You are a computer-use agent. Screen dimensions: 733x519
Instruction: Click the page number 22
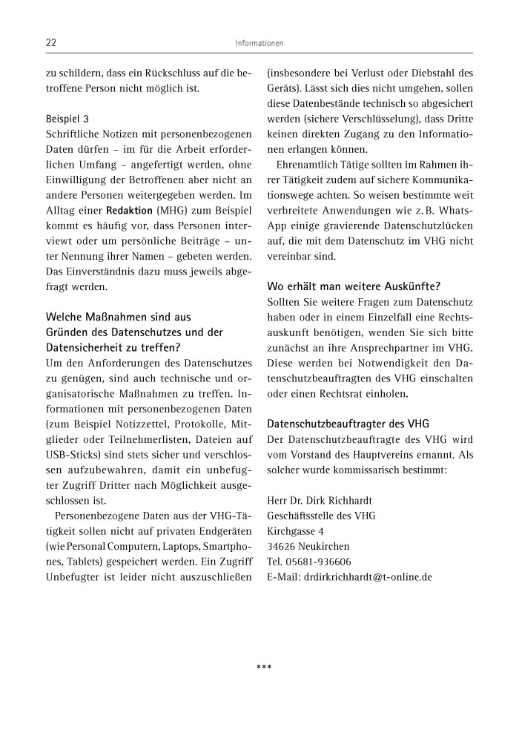52,44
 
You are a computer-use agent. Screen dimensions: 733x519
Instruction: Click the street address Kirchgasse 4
295,531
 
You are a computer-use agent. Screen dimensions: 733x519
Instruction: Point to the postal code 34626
280,547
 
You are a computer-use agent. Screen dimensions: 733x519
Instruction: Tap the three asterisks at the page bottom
264,667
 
